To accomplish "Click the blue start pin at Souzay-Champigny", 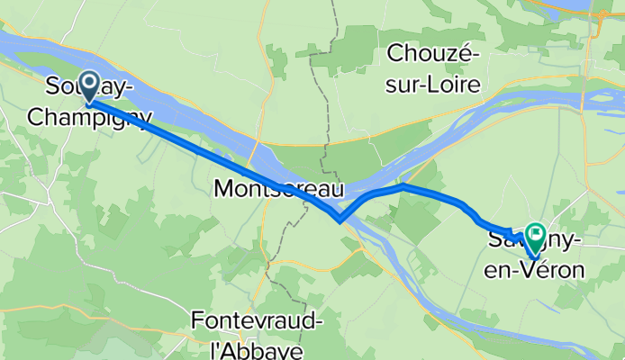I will pyautogui.click(x=90, y=86).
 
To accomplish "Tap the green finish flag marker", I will pyautogui.click(x=535, y=237).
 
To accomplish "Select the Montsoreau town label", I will pyautogui.click(x=279, y=189).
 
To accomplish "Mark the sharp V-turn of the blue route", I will pyautogui.click(x=338, y=220).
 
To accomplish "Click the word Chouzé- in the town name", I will pyautogui.click(x=433, y=54).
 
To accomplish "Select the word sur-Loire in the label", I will pyautogui.click(x=433, y=83).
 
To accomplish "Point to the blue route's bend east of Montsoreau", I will pyautogui.click(x=405, y=186).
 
